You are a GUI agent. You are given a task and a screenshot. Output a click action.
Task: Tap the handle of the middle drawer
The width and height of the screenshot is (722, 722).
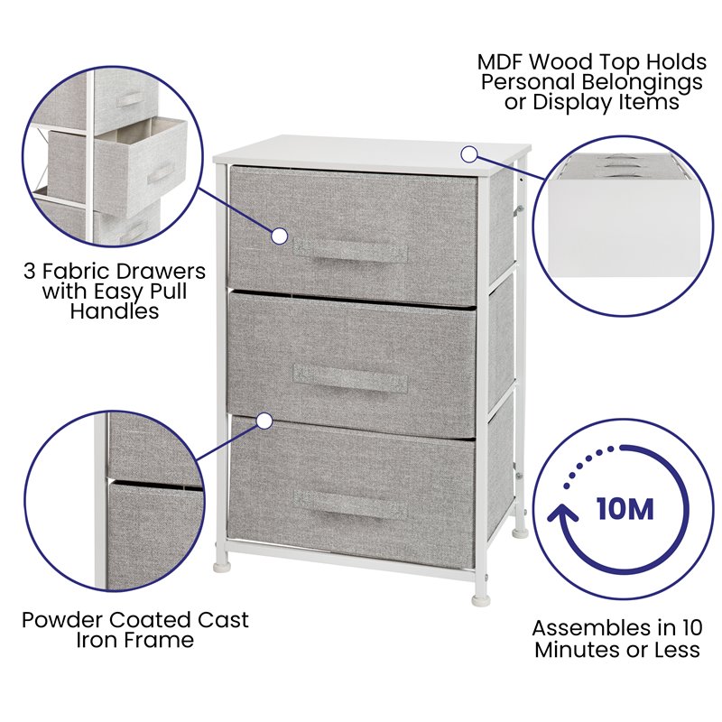click(350, 377)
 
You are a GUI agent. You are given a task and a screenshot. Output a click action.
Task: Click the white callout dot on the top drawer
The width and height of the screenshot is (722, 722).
click(280, 236)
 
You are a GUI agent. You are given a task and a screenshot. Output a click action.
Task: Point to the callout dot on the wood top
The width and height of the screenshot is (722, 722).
click(468, 153)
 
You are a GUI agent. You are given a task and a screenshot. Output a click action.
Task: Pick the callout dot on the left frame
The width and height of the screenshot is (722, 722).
click(264, 421)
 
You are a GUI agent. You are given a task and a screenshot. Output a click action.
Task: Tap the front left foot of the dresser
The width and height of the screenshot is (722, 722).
click(222, 568)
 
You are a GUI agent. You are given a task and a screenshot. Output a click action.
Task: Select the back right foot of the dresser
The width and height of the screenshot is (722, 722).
click(519, 532)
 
